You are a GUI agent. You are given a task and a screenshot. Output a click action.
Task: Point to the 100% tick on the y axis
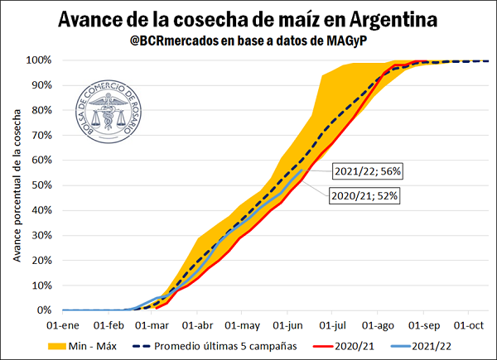39,60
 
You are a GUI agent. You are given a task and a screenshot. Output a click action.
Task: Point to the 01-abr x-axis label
196,326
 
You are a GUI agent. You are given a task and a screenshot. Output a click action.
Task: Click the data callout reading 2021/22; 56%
365,172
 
